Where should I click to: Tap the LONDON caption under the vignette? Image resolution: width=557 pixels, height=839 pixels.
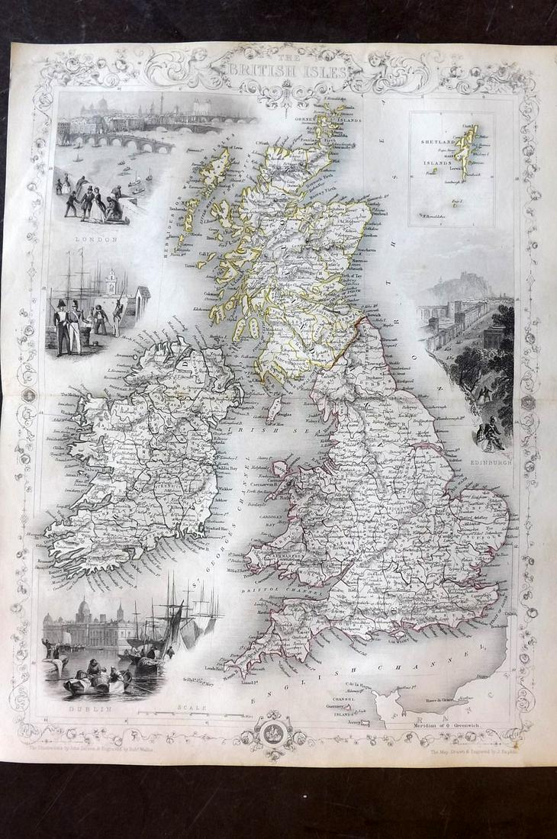pyautogui.click(x=99, y=239)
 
